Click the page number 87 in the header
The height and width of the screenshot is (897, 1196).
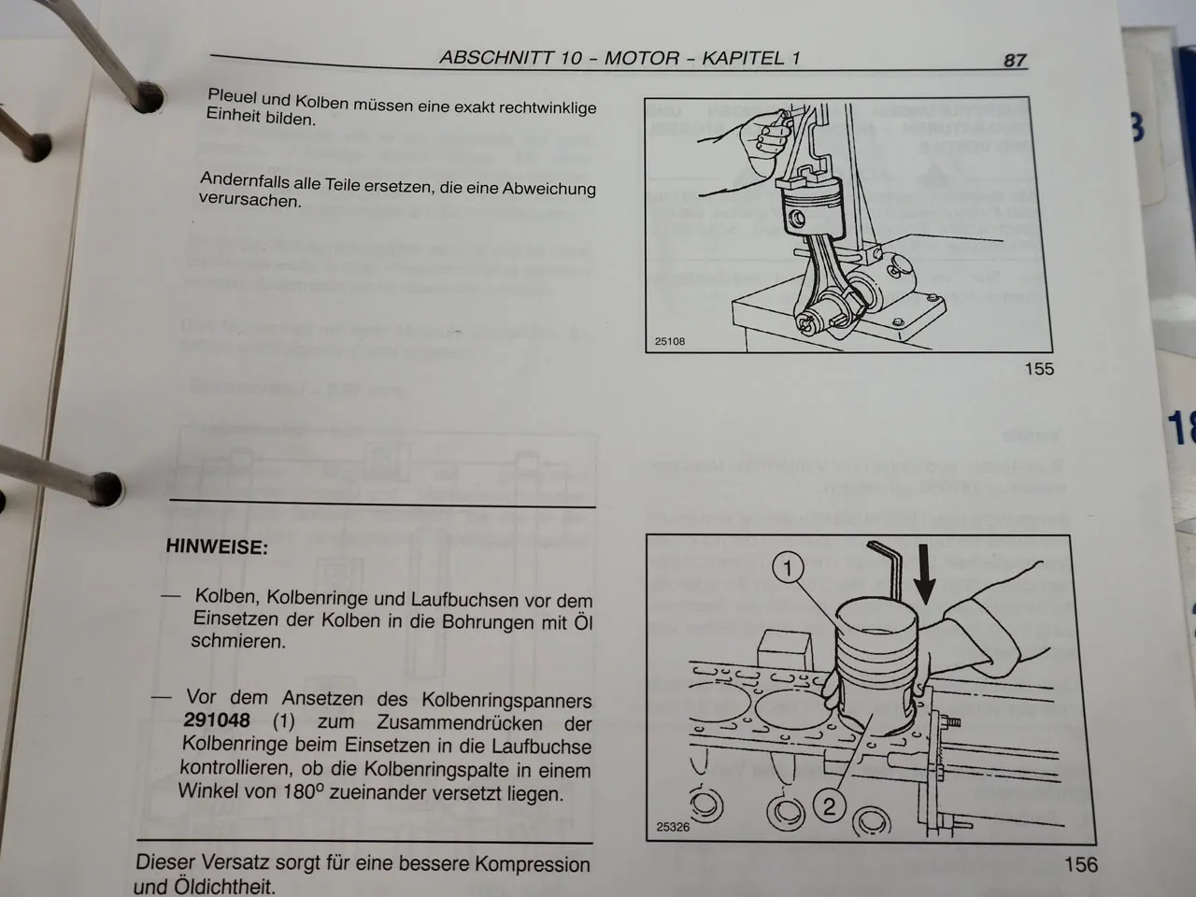point(1015,60)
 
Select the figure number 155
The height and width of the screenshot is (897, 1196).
point(1039,368)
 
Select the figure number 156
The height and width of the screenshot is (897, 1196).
point(1080,864)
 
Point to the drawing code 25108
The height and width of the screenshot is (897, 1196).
point(669,342)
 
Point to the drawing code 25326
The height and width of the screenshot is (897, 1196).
point(673,827)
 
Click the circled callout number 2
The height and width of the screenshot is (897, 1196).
point(829,804)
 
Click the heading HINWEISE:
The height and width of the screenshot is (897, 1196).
point(217,548)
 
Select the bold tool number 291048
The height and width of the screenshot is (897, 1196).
point(217,720)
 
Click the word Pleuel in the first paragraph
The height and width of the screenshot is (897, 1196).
point(232,96)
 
